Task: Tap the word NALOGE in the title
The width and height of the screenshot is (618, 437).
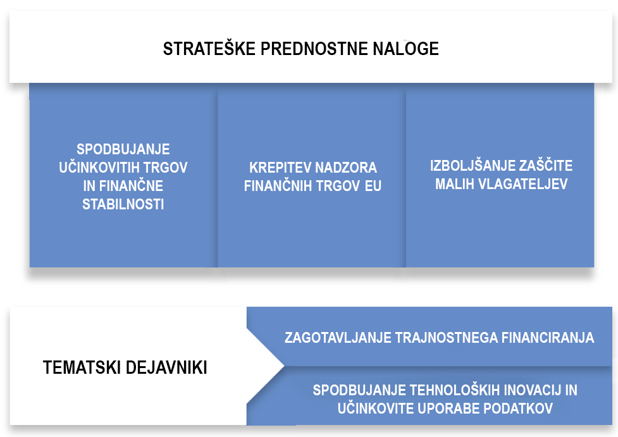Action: point(405,49)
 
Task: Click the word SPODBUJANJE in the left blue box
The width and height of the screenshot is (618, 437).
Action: point(123,149)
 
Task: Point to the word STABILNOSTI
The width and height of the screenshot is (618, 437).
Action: point(123,204)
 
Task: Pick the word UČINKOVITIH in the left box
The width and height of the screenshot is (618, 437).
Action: point(99,168)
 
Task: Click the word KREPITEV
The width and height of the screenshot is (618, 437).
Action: point(280,168)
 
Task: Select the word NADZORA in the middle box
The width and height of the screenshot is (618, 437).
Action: point(346,168)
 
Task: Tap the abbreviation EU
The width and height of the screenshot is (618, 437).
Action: point(373,186)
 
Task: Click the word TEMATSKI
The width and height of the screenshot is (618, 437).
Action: point(82,367)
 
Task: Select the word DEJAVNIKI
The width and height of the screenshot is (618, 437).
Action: point(166,367)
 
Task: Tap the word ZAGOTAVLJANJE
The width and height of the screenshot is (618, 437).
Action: point(338,338)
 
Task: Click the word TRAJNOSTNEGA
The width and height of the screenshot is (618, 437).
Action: point(446,338)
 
